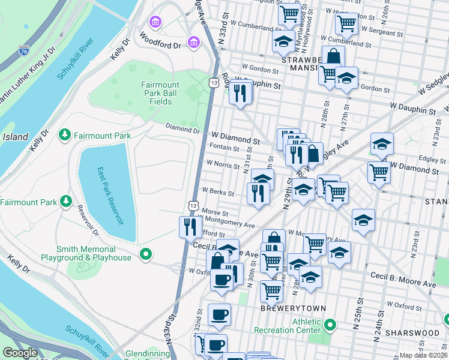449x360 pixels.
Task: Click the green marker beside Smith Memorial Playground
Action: [x=145, y=254]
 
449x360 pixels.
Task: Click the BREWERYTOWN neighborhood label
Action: [x=293, y=308]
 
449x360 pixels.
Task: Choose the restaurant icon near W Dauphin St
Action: [x=240, y=93]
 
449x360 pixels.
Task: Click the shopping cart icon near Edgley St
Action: [x=380, y=172]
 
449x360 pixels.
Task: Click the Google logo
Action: [x=20, y=353]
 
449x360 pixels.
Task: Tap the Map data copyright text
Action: [x=424, y=355]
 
